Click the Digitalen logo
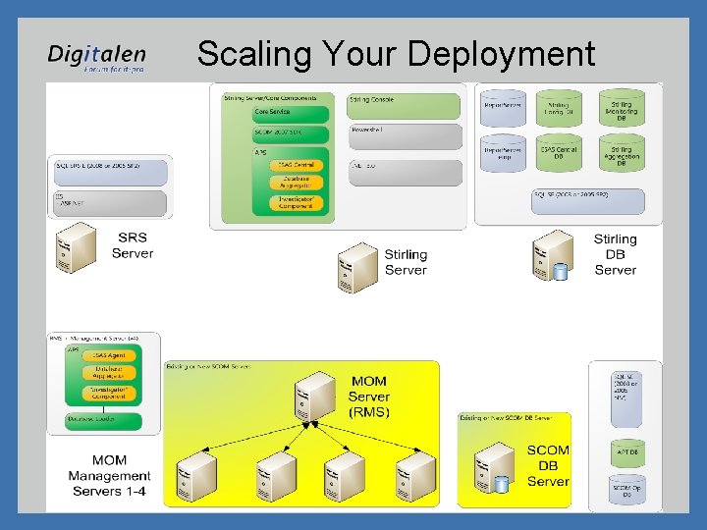96,58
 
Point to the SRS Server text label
133,245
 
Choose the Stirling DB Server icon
552,256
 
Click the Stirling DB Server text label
616,254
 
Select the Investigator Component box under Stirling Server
296,202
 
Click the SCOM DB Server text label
548,465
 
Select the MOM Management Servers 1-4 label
109,475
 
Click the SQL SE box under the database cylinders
588,200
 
